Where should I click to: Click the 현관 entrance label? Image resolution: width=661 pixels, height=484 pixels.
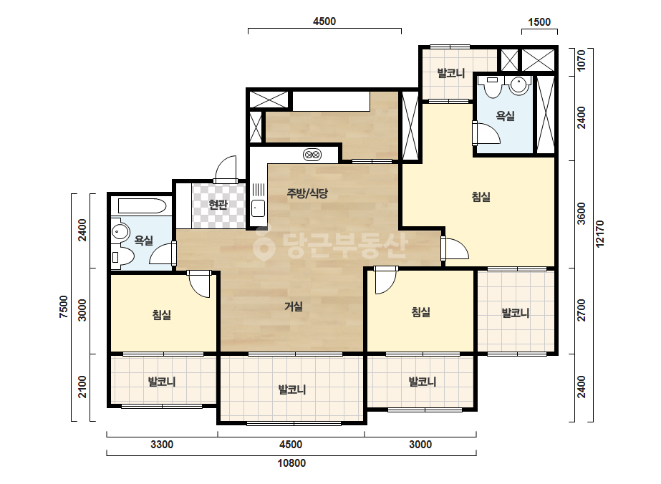click(218, 205)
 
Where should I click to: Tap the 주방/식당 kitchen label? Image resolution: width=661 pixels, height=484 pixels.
click(307, 193)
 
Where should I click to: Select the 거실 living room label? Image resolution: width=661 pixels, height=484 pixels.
click(294, 306)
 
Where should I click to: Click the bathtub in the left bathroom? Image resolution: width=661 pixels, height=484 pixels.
click(142, 206)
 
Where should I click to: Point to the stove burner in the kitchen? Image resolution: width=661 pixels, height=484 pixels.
click(312, 155)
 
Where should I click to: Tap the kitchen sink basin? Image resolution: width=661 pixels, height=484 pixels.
click(258, 208)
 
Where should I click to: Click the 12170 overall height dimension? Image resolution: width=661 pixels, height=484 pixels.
click(601, 234)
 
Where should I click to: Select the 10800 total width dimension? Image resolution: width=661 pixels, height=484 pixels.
click(291, 463)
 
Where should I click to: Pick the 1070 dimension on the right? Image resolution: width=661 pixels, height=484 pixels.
click(582, 61)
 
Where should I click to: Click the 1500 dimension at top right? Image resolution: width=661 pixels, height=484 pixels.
click(539, 22)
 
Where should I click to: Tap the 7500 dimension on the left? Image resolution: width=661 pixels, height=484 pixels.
click(63, 307)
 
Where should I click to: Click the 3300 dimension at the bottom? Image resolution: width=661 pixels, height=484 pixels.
click(162, 445)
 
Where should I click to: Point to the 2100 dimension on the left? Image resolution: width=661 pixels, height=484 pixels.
click(82, 387)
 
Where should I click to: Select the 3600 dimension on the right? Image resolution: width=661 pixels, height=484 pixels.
click(582, 214)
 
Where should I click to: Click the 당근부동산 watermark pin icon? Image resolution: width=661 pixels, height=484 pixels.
click(264, 244)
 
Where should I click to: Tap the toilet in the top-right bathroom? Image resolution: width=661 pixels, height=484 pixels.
click(492, 87)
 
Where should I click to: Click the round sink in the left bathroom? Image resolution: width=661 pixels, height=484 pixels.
click(120, 232)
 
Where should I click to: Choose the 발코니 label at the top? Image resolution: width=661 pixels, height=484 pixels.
click(451, 73)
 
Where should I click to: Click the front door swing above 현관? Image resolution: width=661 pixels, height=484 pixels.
click(226, 170)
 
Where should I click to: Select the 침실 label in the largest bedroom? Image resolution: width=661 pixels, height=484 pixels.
click(481, 196)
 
